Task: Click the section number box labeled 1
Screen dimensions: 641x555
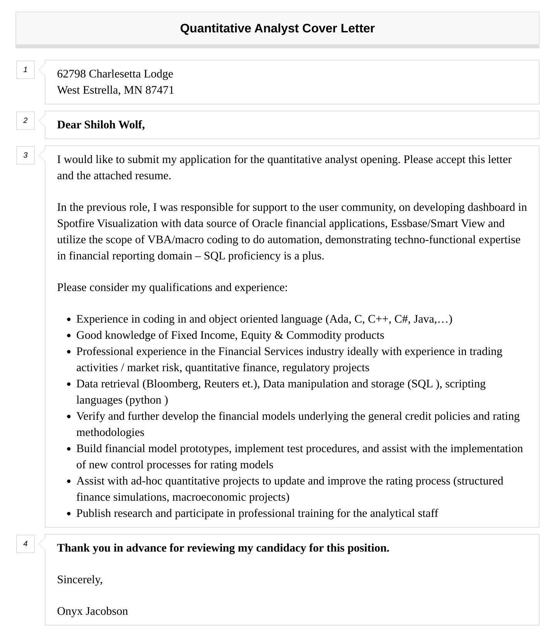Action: (x=25, y=70)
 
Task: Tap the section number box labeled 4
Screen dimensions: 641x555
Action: (x=25, y=544)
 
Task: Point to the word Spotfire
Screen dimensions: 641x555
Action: (x=76, y=224)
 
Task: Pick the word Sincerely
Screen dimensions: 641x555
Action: (x=79, y=580)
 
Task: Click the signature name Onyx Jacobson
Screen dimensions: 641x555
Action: (x=92, y=611)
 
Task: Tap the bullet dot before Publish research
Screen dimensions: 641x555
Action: (x=69, y=514)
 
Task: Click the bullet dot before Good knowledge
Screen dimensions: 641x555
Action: (x=69, y=336)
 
